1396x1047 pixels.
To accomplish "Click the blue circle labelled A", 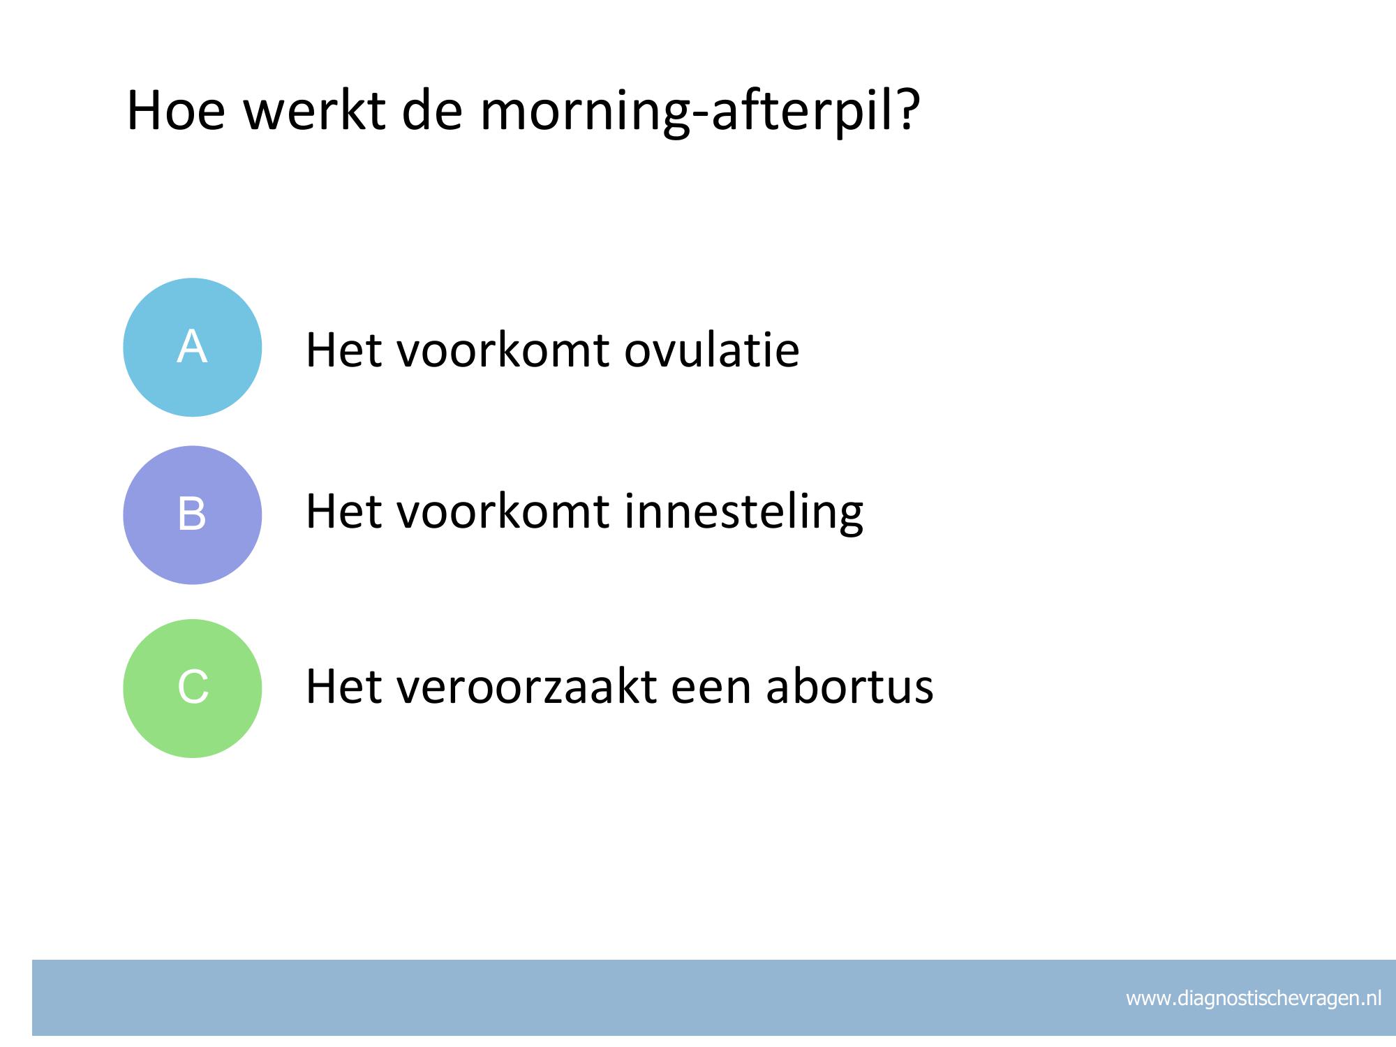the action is [x=193, y=348].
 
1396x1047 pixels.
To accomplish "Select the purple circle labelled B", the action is [x=193, y=515].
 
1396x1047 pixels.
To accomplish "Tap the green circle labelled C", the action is [x=193, y=688].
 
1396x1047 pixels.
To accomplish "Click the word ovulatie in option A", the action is [x=711, y=350].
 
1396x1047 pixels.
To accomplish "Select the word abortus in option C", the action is [x=849, y=686].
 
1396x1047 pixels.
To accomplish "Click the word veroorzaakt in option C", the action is [x=527, y=686].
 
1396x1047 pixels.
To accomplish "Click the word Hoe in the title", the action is [x=176, y=110].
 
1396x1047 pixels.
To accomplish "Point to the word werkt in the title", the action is [x=315, y=110].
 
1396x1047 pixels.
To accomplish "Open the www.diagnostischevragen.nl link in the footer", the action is [x=1254, y=999].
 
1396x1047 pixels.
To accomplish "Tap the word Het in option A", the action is [x=344, y=350].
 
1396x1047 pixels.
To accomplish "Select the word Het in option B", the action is [x=344, y=512].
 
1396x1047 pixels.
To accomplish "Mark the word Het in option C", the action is [x=344, y=686].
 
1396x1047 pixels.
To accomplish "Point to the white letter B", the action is [x=192, y=514].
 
